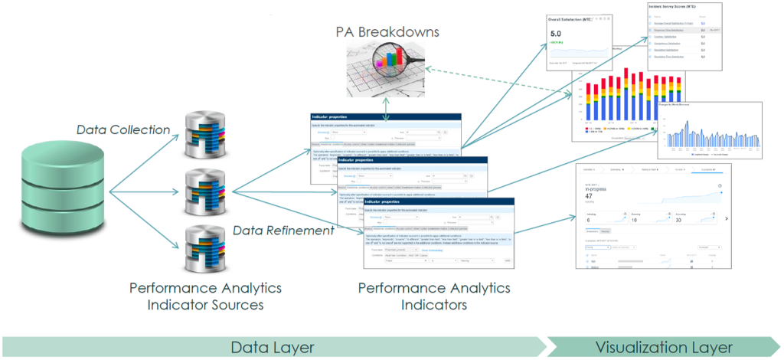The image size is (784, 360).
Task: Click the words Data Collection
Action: point(123,129)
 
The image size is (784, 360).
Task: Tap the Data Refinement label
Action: point(283,231)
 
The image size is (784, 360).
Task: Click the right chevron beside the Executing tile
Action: point(725,219)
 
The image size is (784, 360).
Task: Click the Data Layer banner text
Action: point(273,347)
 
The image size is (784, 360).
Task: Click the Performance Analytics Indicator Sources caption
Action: point(205,296)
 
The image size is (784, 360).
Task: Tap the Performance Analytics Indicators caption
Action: point(434,296)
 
